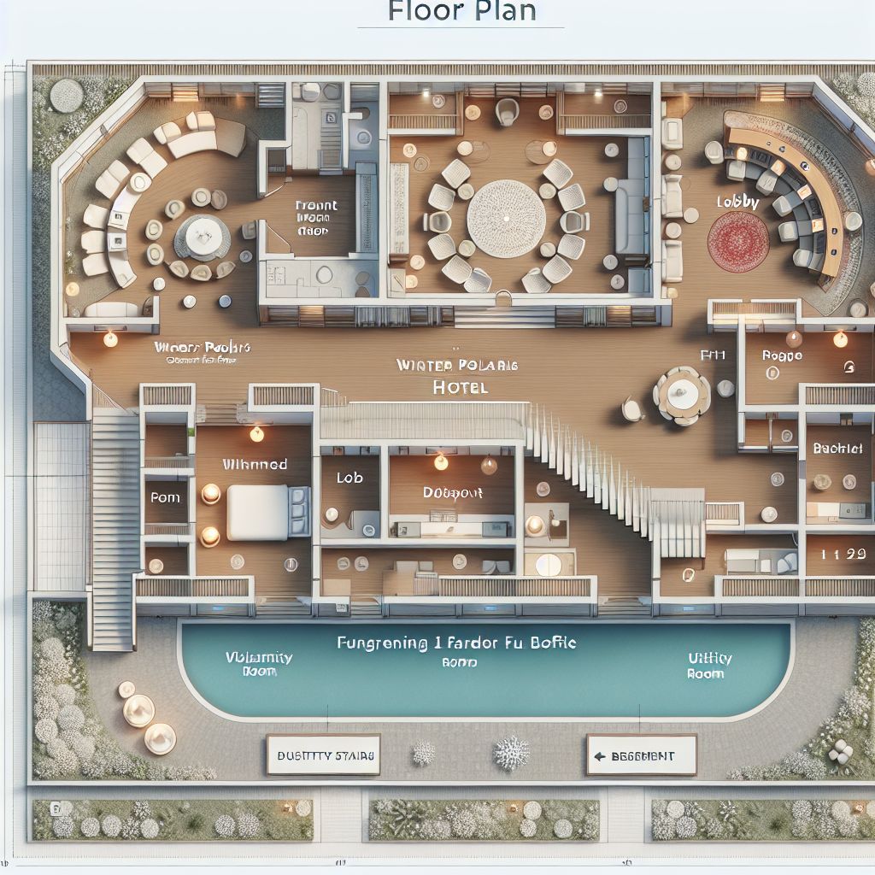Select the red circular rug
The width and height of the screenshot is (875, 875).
tap(738, 242)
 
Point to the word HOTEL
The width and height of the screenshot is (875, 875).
tap(460, 387)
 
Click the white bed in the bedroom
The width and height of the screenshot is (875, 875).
tap(257, 511)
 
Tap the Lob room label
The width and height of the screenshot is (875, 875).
tap(349, 479)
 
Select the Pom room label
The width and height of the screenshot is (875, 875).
tap(165, 497)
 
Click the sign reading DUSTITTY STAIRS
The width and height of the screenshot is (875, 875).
tap(323, 756)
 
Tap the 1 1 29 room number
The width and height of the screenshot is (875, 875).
tap(838, 555)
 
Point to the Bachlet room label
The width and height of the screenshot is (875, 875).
tap(837, 448)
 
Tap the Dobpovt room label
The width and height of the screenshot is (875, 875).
tap(453, 493)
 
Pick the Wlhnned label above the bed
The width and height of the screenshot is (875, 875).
tap(255, 465)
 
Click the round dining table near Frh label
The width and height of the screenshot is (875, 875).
tap(682, 395)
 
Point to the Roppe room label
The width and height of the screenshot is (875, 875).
tap(781, 355)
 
